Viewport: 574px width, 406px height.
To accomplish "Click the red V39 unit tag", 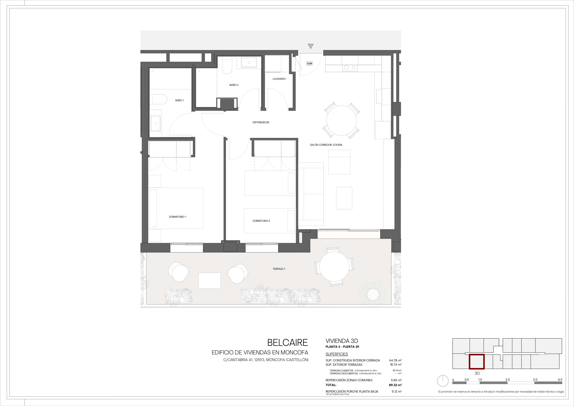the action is tap(310, 64).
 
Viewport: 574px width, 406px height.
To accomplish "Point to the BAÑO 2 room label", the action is tap(234, 85).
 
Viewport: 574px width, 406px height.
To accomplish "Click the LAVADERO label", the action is tap(279, 79).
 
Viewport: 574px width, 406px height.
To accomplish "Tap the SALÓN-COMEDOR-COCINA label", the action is tap(326, 145).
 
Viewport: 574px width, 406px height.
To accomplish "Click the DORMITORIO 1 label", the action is tap(177, 217).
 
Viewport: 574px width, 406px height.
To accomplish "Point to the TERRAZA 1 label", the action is tap(279, 269).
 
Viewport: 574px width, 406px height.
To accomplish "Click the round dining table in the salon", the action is tap(342, 120).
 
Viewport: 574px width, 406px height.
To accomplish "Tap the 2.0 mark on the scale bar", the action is tap(507, 379).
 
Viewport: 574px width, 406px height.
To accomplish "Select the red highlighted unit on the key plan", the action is tap(476, 362).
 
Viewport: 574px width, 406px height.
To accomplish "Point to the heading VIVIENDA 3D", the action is tap(342, 341).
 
